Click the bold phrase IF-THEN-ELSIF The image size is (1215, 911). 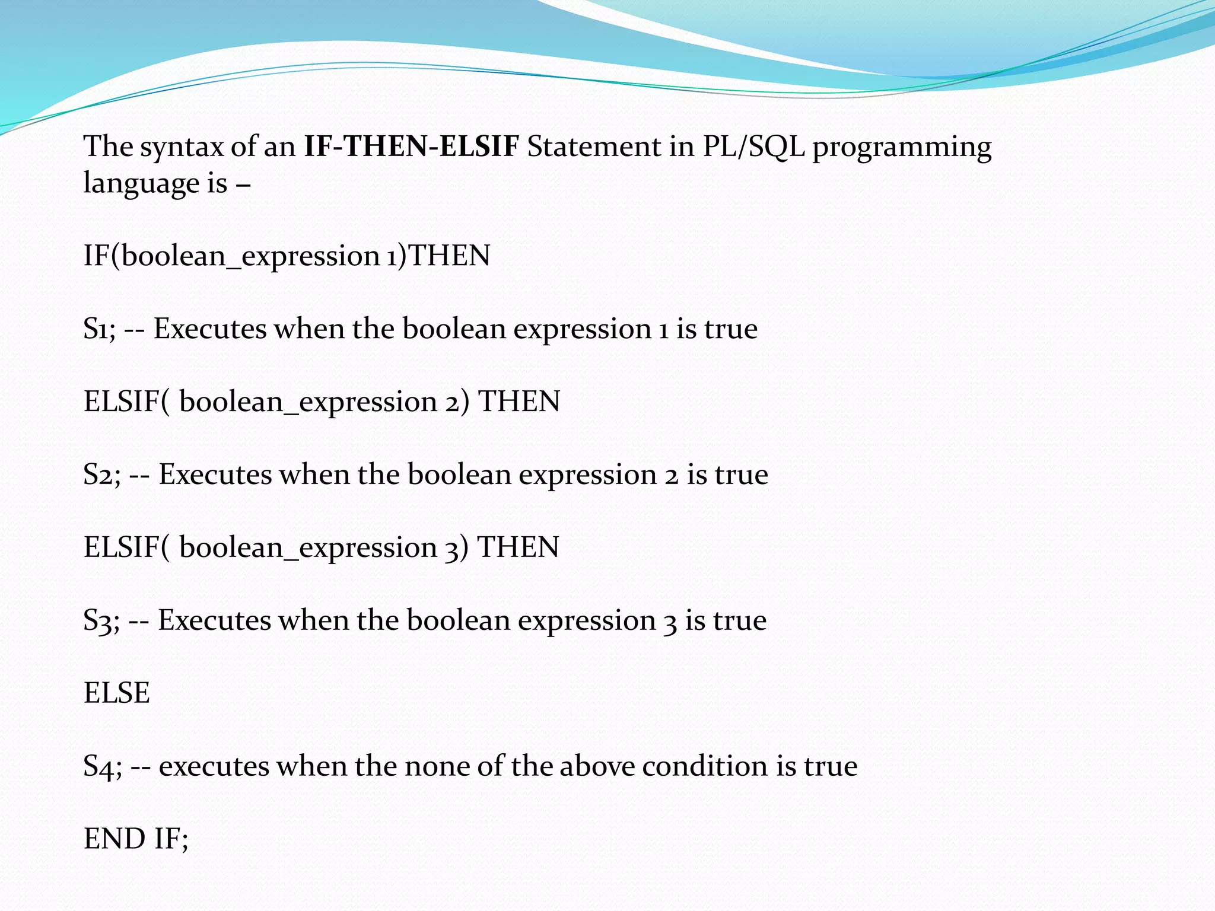pyautogui.click(x=411, y=146)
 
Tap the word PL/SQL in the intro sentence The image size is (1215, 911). pyautogui.click(x=753, y=146)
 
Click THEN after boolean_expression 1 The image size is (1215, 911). pyautogui.click(x=450, y=256)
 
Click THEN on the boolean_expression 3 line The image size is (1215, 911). pyautogui.click(x=518, y=547)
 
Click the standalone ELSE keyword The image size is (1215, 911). pyautogui.click(x=117, y=693)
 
